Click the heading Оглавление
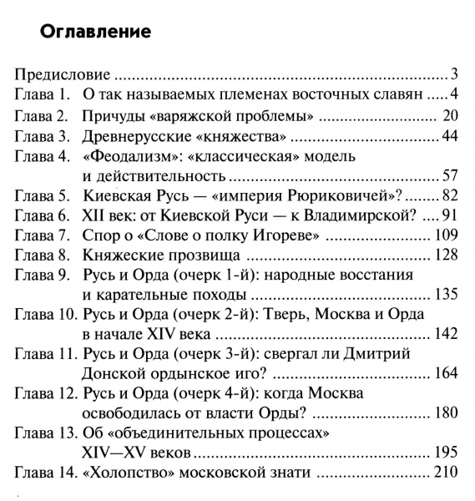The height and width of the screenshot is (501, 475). click(94, 33)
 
